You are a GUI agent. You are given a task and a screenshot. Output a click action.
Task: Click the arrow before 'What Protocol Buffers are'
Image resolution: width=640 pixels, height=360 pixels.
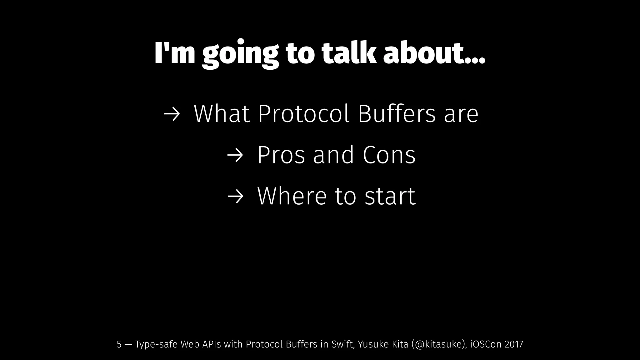click(172, 114)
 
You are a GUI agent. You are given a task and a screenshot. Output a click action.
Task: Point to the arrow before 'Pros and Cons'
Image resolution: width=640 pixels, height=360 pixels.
click(235, 156)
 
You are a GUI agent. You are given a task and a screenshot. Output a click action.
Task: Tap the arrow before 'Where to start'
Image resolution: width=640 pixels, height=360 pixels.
click(235, 197)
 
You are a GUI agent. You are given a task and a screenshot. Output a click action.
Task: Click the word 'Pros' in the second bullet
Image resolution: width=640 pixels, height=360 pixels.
click(281, 155)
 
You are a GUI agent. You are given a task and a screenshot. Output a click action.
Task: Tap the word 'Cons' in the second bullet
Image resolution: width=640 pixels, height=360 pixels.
click(389, 155)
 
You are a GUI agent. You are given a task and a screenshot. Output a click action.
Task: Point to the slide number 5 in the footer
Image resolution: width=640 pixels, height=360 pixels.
click(119, 344)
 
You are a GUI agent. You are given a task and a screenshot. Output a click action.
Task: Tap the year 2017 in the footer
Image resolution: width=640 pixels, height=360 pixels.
click(514, 344)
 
